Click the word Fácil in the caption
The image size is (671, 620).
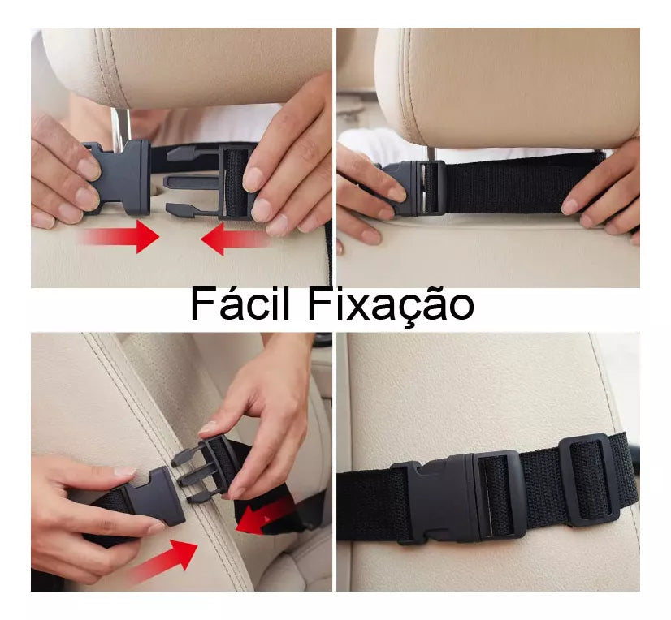pos(240,304)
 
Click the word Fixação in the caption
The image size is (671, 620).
pos(390,306)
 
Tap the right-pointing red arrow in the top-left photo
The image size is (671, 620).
pos(121,236)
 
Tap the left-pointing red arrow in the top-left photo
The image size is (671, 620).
pos(236,239)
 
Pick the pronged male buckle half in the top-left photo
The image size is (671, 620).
pos(212,180)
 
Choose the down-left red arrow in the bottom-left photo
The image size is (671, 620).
pos(266,516)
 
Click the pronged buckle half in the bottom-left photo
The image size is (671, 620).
pos(206,468)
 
